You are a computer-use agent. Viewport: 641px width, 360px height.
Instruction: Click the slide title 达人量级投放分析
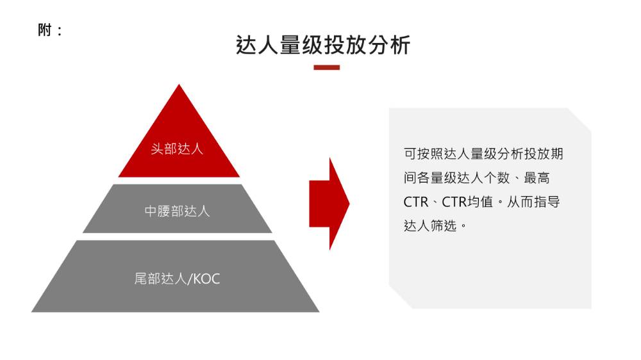323,45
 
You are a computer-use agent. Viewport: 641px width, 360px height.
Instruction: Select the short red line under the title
326,67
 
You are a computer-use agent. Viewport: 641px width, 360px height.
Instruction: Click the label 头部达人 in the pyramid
177,149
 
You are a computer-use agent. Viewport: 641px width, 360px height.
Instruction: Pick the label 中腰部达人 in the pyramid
177,211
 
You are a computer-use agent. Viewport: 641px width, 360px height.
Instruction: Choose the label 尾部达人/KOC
177,279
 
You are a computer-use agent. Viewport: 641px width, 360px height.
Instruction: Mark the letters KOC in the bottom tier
206,279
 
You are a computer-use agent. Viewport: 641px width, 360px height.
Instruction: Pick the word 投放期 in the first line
544,154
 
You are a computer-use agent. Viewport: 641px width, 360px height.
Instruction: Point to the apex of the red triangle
179,86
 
